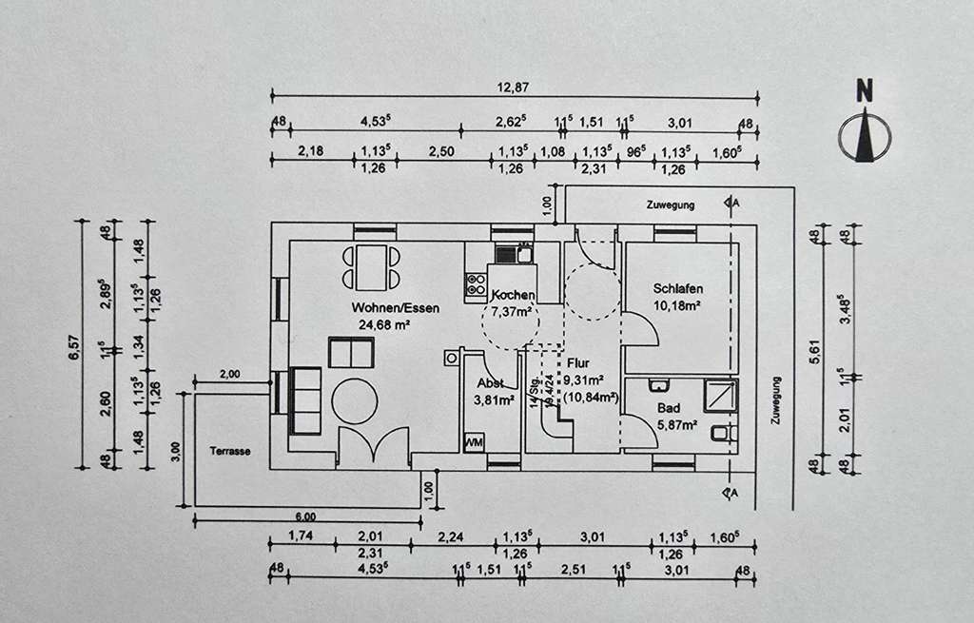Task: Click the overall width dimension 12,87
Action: click(x=515, y=88)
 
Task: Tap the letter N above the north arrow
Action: click(x=864, y=91)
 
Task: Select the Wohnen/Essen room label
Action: click(x=380, y=308)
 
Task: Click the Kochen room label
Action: click(x=513, y=296)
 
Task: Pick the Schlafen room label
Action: click(x=677, y=289)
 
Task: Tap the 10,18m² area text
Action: click(x=677, y=305)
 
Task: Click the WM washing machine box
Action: click(x=474, y=443)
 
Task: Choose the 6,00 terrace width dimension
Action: click(x=305, y=515)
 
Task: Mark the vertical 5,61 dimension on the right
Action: click(x=814, y=351)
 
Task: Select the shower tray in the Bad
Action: click(x=720, y=395)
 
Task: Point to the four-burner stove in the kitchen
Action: click(x=474, y=282)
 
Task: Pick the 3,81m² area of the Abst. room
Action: click(x=496, y=400)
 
